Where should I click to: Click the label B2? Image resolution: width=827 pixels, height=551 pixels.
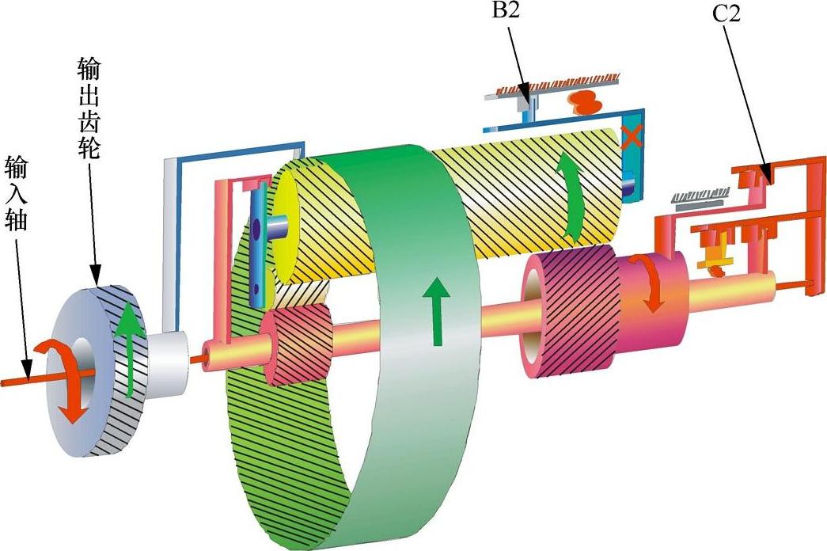(506, 10)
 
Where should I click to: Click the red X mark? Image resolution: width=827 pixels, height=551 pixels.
(632, 136)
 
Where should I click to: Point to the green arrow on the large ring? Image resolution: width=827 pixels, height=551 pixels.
(436, 310)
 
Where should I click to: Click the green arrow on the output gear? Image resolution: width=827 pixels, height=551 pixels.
(126, 351)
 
